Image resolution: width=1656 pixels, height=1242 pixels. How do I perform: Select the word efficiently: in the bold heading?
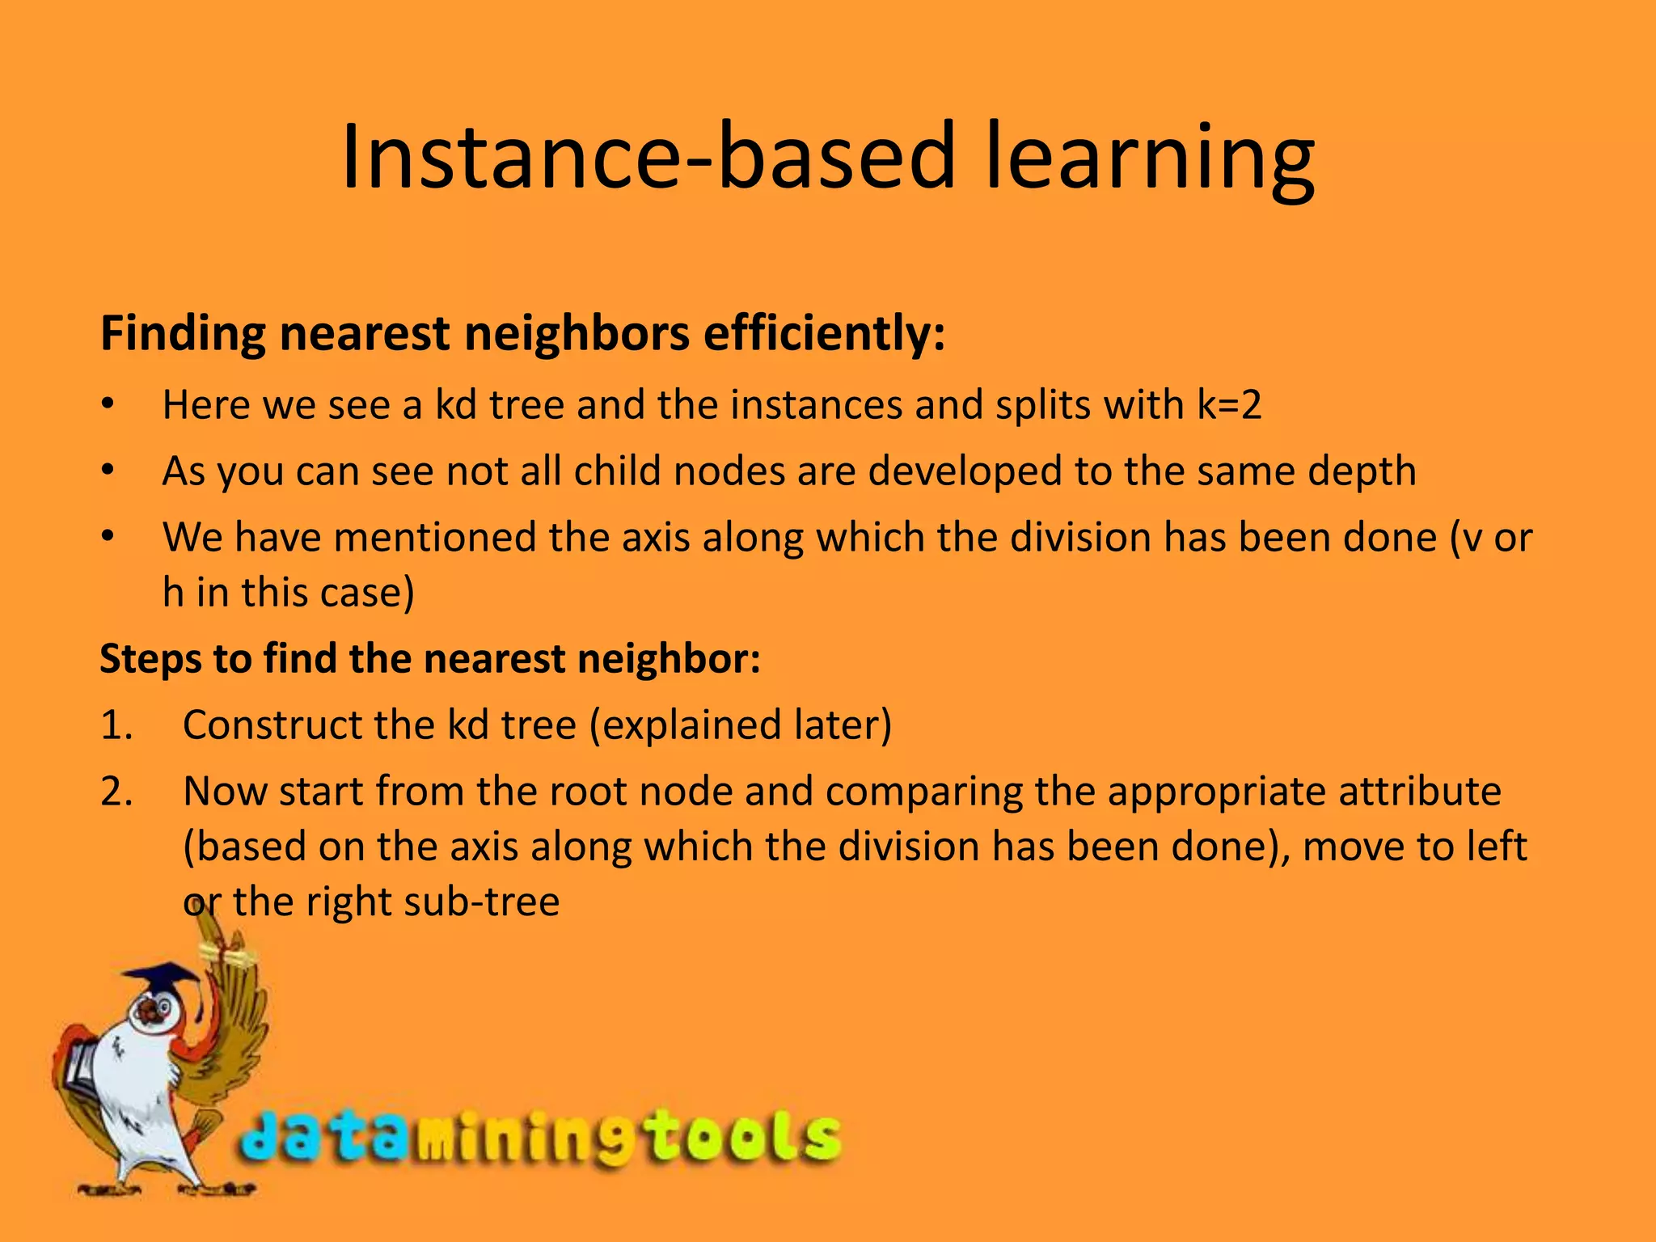[x=824, y=333]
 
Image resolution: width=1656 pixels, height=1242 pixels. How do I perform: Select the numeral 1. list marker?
[x=116, y=725]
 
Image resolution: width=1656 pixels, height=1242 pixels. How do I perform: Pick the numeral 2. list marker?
[x=116, y=792]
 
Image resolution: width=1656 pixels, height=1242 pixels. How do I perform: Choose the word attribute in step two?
[x=1420, y=792]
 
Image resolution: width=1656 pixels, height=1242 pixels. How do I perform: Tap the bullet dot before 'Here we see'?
[x=108, y=405]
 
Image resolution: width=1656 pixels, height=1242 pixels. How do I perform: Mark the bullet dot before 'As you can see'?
[x=108, y=471]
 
